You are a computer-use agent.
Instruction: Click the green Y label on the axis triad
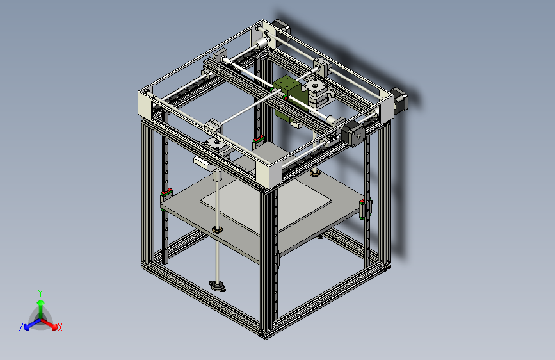coord(40,291)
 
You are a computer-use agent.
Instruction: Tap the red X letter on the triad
coord(60,327)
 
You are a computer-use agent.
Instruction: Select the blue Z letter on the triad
coord(21,327)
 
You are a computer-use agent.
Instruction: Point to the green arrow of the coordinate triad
coord(40,303)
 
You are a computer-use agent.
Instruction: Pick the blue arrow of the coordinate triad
coord(29,324)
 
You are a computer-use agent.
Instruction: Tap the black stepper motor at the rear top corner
coord(281,31)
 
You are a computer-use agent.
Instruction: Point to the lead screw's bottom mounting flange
coord(218,285)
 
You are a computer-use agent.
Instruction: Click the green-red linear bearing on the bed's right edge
coord(366,208)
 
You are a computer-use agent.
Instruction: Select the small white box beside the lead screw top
coord(202,162)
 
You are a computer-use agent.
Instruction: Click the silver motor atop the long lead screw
coord(216,147)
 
